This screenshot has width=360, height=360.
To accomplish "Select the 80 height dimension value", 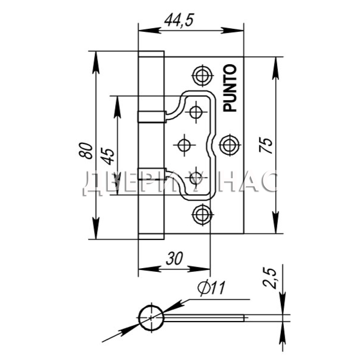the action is coord(85,150).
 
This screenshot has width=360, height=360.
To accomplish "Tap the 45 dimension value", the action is coord(108,157).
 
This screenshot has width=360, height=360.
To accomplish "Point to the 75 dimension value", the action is coord(266,145).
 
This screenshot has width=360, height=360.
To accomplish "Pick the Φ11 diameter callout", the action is coord(212,287).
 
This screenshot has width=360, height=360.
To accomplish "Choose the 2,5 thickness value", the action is coord(270,278).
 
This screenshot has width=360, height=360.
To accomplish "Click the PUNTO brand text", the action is coord(230,88).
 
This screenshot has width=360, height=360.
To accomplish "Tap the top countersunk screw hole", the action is coord(202,75).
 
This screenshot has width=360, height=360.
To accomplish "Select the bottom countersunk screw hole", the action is coord(202,215).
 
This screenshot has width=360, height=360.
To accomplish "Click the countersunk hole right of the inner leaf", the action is coord(229,145).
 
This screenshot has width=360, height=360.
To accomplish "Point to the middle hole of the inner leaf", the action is coord(184,145).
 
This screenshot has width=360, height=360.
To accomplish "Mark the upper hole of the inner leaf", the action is coord(196,112).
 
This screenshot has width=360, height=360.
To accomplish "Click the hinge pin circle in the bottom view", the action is coord(151,318).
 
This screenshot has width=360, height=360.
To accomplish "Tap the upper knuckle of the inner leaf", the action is coord(152,117).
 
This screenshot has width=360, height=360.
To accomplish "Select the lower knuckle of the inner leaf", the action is coord(152,174).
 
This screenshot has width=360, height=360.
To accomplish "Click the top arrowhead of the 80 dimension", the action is coord(96,62).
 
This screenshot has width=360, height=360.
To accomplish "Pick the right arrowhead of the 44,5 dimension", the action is coord(232,30).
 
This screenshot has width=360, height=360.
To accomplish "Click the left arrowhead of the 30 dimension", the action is coord(150,269).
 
